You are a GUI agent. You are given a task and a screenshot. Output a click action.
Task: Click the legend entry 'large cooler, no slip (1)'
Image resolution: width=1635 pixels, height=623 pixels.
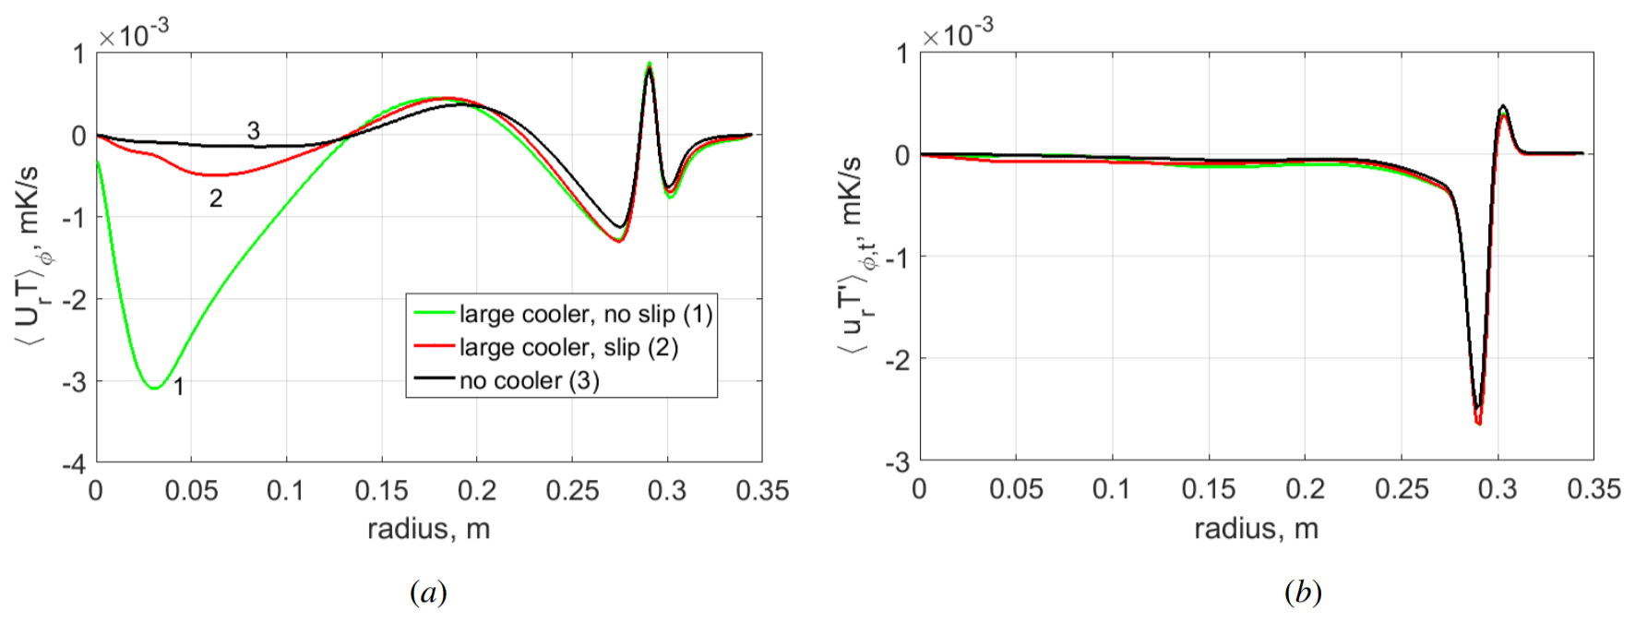[x=585, y=315]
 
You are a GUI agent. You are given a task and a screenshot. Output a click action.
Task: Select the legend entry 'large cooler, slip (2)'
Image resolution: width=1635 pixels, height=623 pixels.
[x=568, y=348]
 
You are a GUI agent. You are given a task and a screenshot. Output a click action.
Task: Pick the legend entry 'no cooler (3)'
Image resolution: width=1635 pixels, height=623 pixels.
[x=529, y=381]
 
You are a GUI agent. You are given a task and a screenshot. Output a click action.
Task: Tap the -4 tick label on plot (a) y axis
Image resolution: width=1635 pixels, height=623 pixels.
[x=74, y=463]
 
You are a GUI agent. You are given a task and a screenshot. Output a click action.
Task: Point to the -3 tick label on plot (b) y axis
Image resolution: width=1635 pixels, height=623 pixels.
[x=896, y=461]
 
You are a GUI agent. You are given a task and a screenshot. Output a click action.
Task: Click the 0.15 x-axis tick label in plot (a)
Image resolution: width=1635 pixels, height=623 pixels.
[x=381, y=490]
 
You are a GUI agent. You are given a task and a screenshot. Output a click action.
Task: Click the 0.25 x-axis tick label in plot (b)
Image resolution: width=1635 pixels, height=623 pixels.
[x=1401, y=489]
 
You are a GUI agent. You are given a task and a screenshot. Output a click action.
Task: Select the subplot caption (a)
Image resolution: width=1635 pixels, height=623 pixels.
[x=428, y=592]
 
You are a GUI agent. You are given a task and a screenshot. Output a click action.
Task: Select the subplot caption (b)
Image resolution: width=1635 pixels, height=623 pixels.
[x=1302, y=592]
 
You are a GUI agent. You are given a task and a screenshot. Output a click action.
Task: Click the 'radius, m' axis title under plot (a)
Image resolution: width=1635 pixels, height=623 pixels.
[x=428, y=529]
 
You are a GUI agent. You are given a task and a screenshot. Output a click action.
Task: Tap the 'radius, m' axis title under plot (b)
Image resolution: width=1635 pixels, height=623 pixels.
[x=1256, y=529]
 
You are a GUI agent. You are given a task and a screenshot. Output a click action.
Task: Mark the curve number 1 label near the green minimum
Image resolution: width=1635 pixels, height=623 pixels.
[x=179, y=387]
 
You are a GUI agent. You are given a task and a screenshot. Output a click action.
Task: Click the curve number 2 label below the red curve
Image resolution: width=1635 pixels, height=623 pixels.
[x=216, y=198]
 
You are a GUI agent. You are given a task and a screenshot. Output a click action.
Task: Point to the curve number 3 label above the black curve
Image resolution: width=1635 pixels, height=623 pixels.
[x=253, y=131]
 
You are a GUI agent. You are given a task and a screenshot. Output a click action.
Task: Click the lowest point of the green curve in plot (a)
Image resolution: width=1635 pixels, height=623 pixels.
[x=155, y=389]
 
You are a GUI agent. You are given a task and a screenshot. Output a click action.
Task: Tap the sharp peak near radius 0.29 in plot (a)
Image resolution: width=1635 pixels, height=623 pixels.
[x=650, y=64]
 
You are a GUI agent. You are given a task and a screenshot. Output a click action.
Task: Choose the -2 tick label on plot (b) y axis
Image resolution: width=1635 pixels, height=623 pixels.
[x=896, y=359]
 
